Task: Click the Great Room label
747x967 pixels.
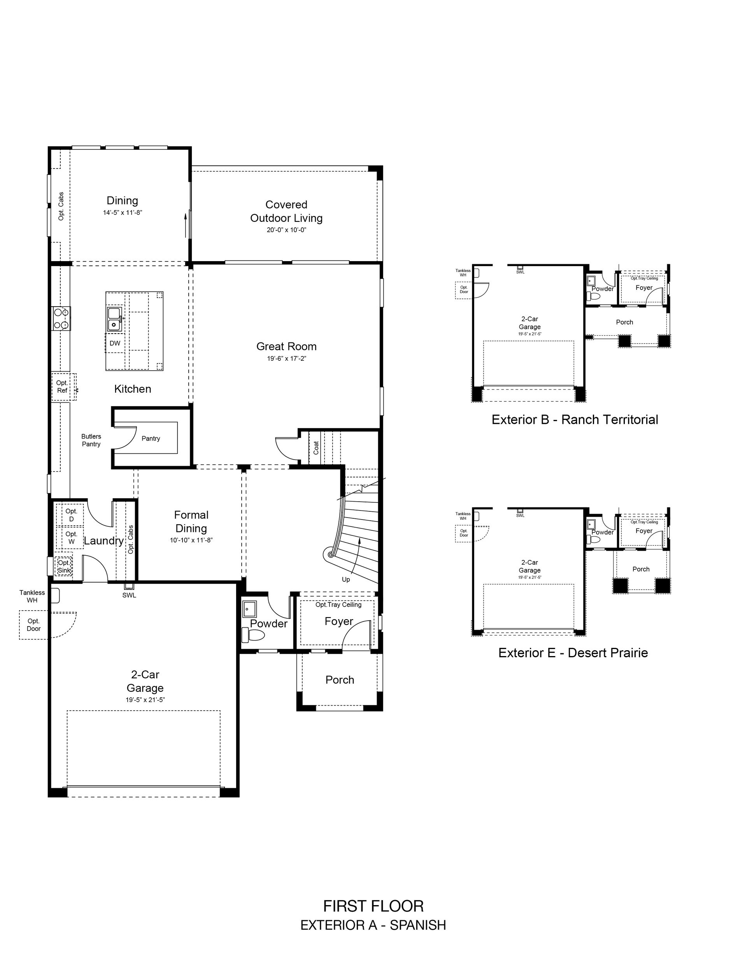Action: tap(286, 346)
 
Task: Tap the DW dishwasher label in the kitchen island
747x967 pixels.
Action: tap(115, 343)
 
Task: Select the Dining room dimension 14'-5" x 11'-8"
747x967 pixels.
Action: tap(122, 212)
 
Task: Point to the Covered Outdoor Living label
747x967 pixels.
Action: tap(286, 211)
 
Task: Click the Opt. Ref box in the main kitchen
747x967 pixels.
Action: tap(63, 386)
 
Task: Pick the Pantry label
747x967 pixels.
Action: tap(151, 438)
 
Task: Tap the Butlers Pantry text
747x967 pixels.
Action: tap(91, 440)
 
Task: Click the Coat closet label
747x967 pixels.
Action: tap(316, 448)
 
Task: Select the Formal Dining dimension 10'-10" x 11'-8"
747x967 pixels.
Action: tap(191, 540)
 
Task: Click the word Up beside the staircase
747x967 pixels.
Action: tap(346, 579)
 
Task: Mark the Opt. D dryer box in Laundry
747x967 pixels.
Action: tap(71, 515)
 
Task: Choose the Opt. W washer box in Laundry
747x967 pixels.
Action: tap(71, 537)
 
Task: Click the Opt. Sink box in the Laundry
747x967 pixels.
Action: tap(64, 566)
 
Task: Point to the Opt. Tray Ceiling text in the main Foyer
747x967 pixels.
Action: tap(338, 604)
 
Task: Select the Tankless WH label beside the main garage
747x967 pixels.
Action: tap(32, 597)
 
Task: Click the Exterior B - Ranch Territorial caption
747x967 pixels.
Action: tap(575, 419)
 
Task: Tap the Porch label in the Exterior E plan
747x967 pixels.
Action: tap(641, 569)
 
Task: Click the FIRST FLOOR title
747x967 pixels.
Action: tap(373, 906)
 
